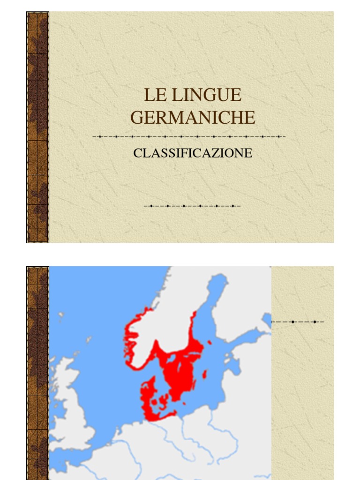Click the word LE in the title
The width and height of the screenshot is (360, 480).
pos(153,95)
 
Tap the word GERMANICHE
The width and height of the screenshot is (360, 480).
pos(193,117)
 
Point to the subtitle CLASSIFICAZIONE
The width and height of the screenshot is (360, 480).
pos(193,153)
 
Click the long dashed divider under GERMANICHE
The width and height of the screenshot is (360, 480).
pos(189,137)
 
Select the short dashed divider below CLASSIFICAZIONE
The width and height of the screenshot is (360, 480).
pos(192,206)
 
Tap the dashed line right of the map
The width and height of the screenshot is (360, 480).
pos(298,322)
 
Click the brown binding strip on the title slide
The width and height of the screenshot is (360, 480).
pos(37,127)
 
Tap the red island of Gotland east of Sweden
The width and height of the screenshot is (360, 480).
pos(205,374)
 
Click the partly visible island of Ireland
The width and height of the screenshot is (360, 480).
pos(52,412)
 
